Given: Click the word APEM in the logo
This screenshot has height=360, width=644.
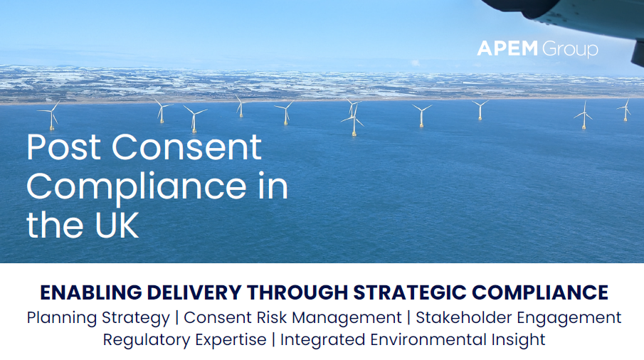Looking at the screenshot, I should (x=507, y=49).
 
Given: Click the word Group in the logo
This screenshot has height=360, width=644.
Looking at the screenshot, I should (x=569, y=50).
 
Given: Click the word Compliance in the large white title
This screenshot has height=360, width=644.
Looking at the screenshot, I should (x=133, y=186).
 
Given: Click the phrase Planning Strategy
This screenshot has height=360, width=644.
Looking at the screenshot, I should (x=98, y=317).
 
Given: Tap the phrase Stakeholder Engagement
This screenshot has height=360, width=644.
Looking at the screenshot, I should (x=518, y=317).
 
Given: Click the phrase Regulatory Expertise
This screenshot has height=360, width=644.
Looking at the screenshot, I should (x=184, y=340).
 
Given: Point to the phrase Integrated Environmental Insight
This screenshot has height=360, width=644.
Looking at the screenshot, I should (x=413, y=340).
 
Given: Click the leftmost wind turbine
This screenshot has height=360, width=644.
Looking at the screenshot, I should (x=51, y=115).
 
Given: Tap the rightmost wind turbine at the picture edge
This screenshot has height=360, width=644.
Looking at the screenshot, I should (x=626, y=110).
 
